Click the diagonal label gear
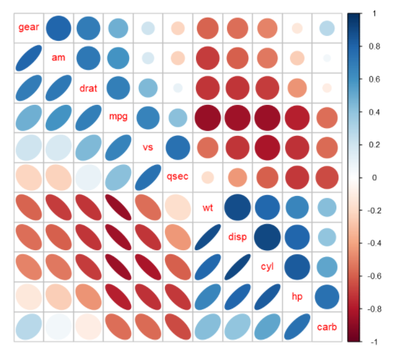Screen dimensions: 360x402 coord(29,27)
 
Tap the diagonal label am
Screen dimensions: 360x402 coord(59,57)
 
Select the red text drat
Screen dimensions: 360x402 coord(88,87)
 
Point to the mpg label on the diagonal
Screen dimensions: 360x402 coord(118,117)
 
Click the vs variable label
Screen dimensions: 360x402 coord(147,147)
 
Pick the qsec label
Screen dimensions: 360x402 coord(178,177)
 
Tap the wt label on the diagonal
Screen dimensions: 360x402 coord(207,207)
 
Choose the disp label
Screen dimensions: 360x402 coord(237,237)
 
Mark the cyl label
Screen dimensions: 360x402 coord(267,267)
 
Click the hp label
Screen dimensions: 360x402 coord(297,297)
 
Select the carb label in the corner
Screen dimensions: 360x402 coord(327,327)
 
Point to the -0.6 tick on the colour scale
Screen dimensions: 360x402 coord(374,275)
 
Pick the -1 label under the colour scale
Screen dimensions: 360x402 coord(372,342)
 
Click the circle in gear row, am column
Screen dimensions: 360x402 coord(59,27)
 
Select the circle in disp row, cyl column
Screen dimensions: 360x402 coord(267,237)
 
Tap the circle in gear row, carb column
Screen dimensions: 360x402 coord(327,27)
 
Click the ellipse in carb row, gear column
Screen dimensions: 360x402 coord(29,327)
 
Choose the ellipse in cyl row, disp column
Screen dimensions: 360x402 coord(237,267)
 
